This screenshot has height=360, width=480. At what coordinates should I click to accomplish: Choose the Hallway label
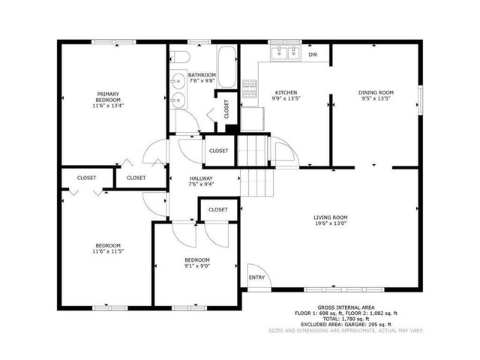pyautogui.click(x=202, y=178)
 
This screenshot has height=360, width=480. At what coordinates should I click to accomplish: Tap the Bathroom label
pyautogui.click(x=202, y=75)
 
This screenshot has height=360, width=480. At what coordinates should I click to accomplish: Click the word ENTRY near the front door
pyautogui.click(x=257, y=277)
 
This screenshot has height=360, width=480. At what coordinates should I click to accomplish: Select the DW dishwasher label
pyautogui.click(x=313, y=55)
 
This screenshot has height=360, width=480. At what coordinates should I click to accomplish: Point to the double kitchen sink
pyautogui.click(x=285, y=52)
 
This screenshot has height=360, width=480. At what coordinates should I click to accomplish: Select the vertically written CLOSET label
pyautogui.click(x=226, y=109)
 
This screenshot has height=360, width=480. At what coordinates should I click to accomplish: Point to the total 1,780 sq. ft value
pyautogui.click(x=351, y=319)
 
